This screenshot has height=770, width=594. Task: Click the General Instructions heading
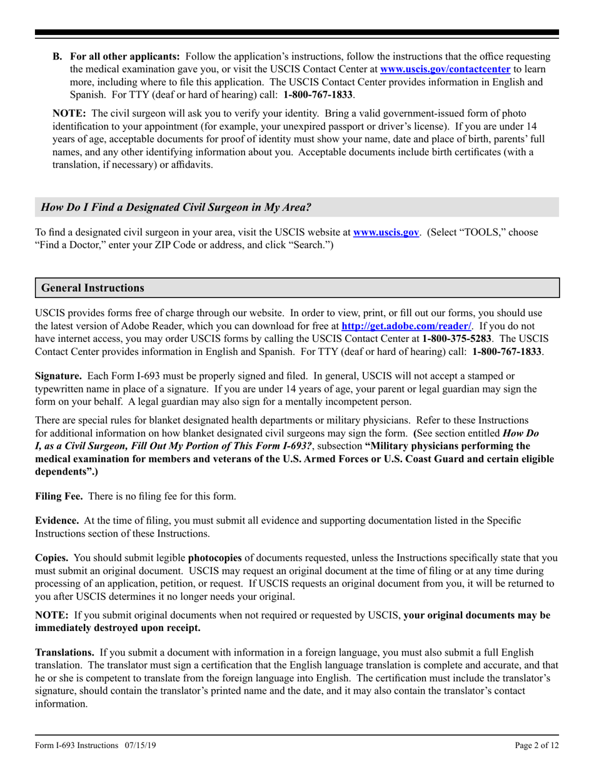[93, 288]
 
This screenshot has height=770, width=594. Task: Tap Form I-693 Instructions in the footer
[76, 746]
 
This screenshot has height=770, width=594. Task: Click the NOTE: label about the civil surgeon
[69, 113]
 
